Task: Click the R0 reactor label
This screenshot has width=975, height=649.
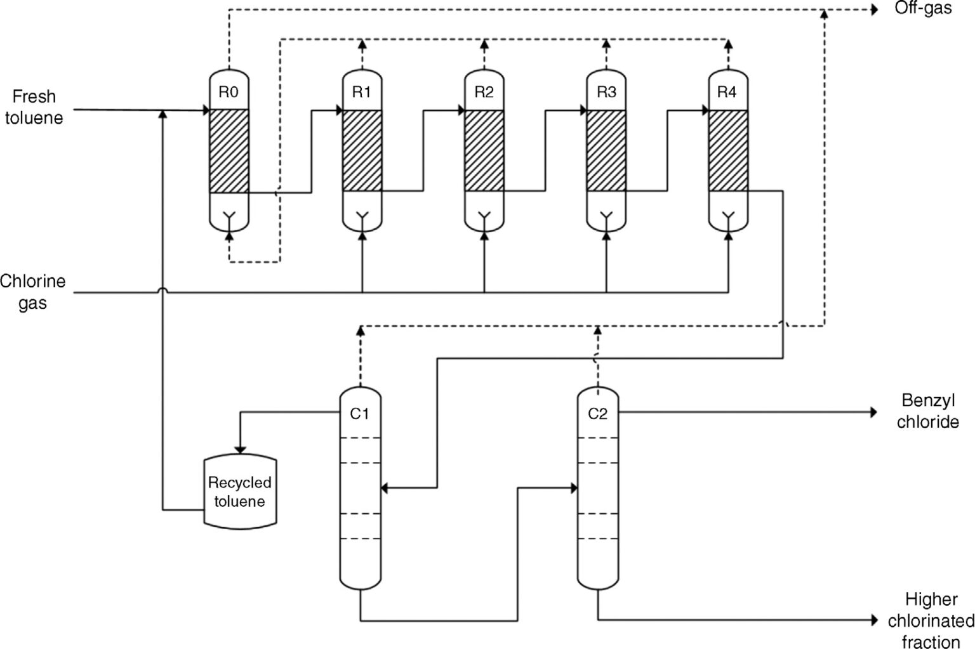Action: point(229,92)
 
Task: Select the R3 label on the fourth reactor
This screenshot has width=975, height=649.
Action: point(606,92)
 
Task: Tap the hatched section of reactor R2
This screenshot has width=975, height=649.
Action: point(484,150)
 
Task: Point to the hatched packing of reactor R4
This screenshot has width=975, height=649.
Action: point(727,150)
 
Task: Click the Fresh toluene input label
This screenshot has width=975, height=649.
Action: point(34,107)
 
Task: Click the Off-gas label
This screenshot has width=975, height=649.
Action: point(923,9)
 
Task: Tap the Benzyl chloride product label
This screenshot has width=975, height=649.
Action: point(927,411)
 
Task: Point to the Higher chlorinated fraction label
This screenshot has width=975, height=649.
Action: point(931,620)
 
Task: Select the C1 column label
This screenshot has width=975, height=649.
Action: point(359,414)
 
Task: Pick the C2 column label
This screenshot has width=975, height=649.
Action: point(597,414)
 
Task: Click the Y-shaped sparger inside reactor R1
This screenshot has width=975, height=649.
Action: point(362,217)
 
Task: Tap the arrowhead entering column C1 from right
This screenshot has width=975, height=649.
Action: point(385,488)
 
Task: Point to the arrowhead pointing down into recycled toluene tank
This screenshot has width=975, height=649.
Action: point(239,448)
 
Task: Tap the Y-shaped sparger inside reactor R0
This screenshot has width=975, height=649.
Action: point(229,217)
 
